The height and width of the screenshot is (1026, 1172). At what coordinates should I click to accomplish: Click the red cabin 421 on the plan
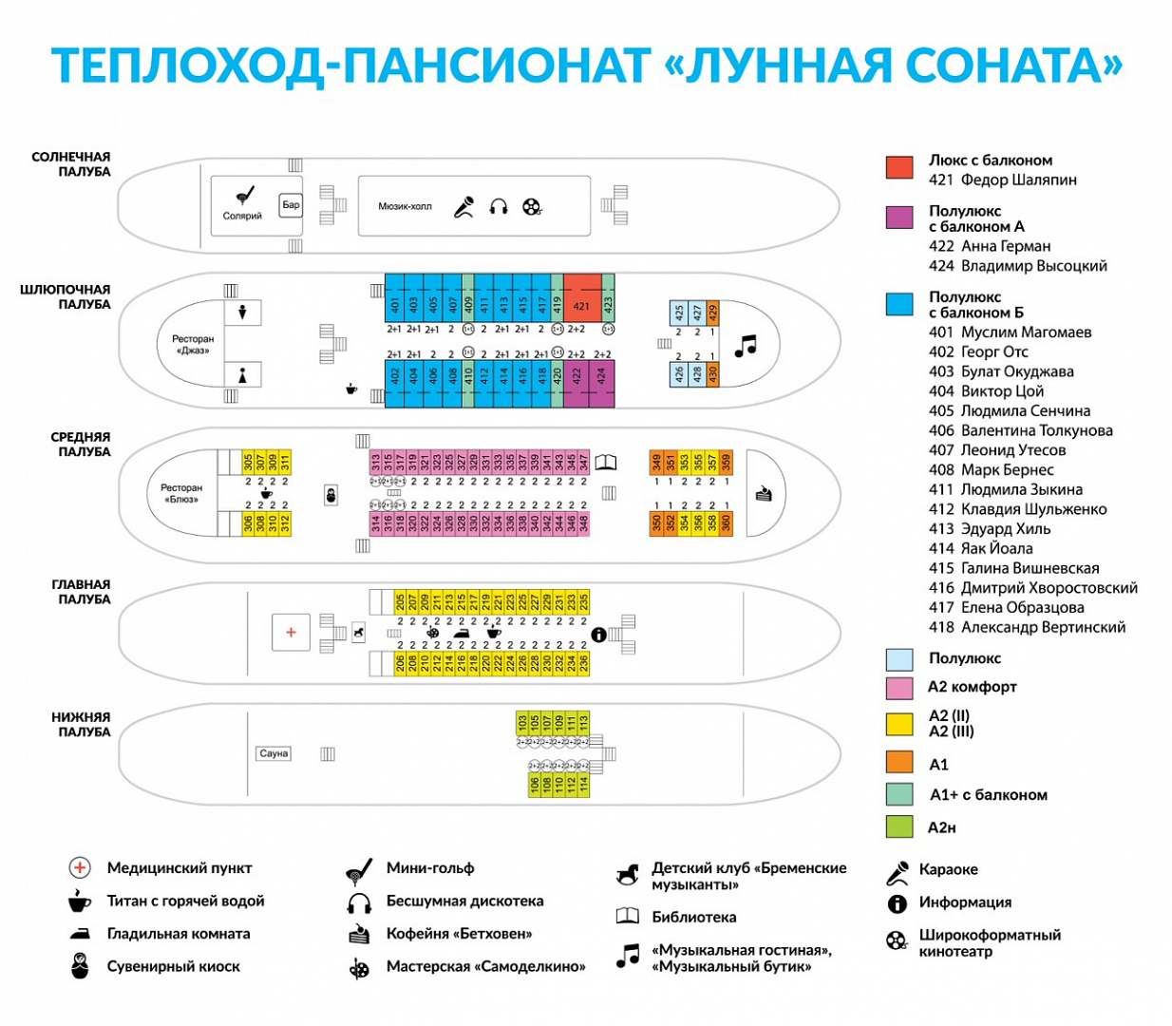582,299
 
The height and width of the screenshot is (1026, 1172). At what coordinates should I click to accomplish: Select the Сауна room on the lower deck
274,753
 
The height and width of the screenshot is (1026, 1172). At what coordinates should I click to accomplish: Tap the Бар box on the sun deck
291,205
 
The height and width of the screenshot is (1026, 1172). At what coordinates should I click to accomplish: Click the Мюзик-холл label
405,206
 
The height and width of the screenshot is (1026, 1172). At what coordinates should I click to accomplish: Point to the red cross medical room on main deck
291,632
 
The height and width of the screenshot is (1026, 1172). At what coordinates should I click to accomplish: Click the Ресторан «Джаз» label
193,344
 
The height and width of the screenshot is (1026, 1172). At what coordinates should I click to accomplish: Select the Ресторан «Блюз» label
181,493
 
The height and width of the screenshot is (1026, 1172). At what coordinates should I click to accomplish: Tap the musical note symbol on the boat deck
746,346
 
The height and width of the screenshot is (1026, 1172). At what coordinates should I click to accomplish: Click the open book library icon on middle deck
605,463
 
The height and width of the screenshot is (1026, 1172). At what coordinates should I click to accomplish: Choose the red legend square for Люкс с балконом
899,168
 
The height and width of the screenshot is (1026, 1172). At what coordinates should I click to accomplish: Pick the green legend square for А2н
899,827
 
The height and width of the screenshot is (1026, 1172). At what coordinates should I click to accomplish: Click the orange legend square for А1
899,762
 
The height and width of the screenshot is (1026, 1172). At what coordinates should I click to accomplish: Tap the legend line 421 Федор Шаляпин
1002,180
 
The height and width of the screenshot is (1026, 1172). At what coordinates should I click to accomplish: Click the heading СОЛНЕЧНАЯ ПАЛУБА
71,164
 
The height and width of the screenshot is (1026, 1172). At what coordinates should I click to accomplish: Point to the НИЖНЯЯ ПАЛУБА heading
81,725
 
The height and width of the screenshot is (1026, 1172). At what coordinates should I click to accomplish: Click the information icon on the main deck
598,635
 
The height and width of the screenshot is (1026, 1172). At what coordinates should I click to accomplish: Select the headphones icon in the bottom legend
359,902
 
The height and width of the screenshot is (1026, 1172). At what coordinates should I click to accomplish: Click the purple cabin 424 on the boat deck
602,383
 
